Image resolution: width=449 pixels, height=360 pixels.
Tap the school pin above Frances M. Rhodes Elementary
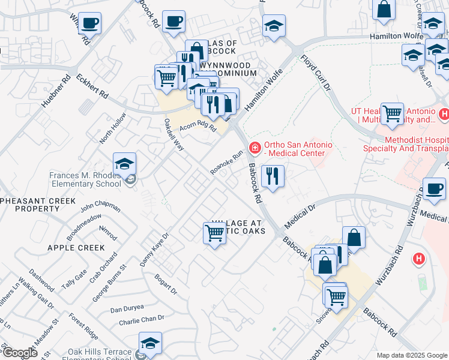click(124, 163)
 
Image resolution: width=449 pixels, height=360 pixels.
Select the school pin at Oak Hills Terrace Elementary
click(150, 343)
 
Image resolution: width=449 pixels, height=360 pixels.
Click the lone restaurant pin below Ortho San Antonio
click(273, 176)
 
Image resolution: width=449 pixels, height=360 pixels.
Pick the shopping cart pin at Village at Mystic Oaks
click(214, 232)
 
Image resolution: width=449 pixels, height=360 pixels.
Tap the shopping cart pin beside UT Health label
click(392, 113)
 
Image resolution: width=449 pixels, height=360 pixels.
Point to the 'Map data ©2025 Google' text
click(411, 355)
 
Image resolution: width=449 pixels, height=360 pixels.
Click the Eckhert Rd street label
click(92, 86)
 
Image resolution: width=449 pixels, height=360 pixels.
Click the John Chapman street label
click(100, 207)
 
